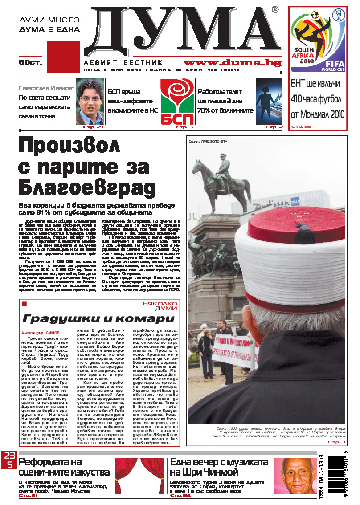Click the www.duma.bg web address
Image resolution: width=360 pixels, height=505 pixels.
(233, 63)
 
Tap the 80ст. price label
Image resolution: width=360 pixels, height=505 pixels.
(30, 62)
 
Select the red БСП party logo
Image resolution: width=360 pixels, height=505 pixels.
(177, 102)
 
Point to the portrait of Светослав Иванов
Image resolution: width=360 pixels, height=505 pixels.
(90, 102)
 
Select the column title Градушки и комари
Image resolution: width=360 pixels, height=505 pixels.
(98, 319)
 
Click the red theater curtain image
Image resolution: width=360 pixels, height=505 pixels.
(139, 476)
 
